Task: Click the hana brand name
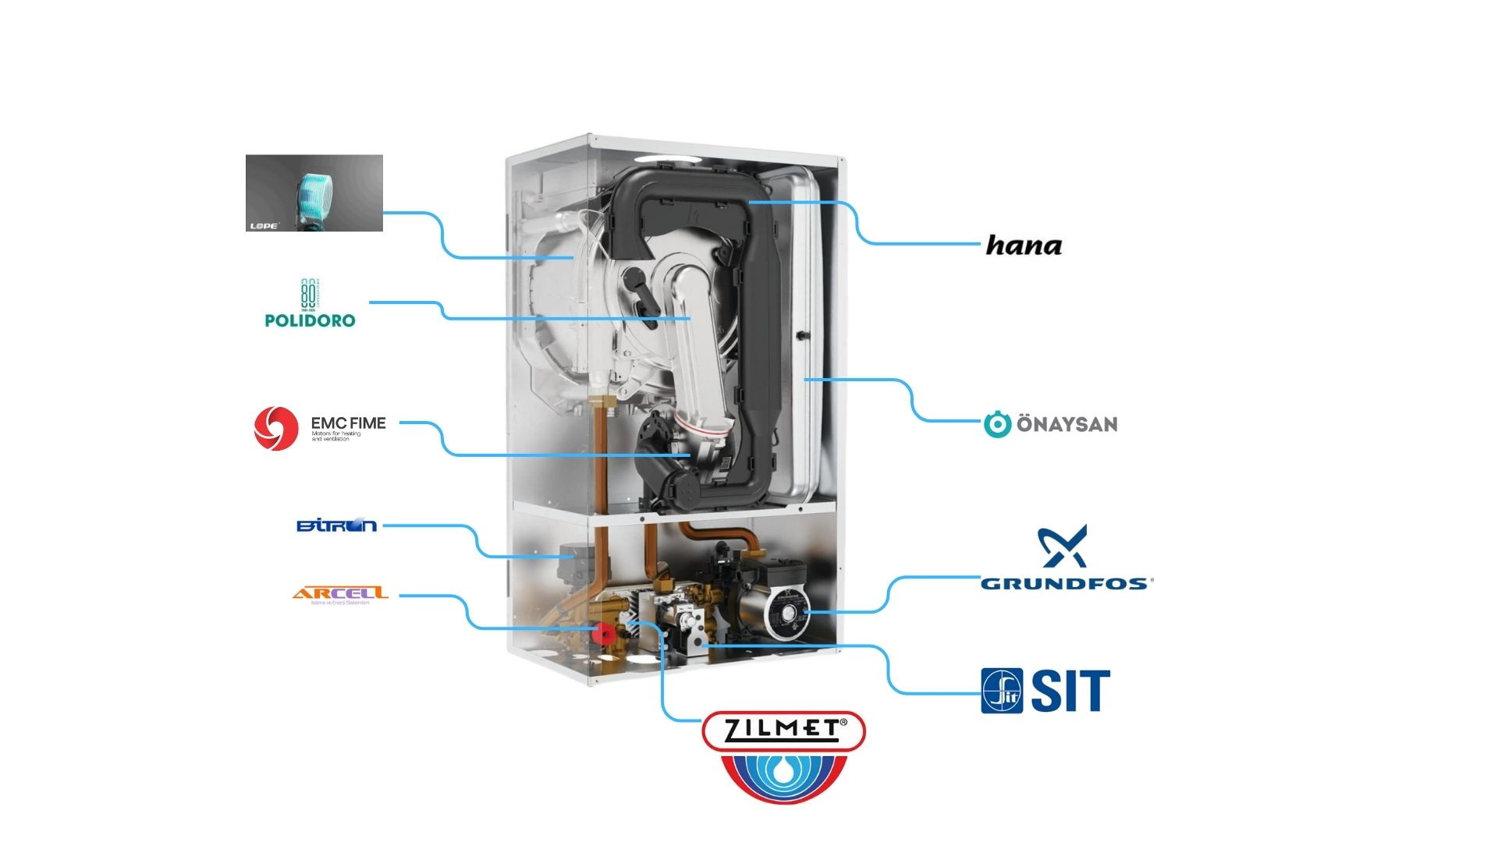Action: [1024, 246]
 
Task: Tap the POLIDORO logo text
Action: [310, 320]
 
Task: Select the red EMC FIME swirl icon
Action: [276, 428]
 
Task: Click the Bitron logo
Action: [336, 525]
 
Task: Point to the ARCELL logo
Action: [340, 594]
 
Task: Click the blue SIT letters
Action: [1070, 691]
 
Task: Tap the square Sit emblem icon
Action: [1002, 691]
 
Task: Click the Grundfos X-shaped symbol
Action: [1062, 546]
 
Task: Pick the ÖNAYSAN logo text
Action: [1067, 424]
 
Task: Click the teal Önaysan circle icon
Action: [997, 424]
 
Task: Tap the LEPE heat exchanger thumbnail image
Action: [314, 193]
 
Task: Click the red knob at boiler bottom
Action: [602, 631]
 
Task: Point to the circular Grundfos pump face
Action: [783, 614]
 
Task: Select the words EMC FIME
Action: [348, 423]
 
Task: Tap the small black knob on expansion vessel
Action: [801, 336]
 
